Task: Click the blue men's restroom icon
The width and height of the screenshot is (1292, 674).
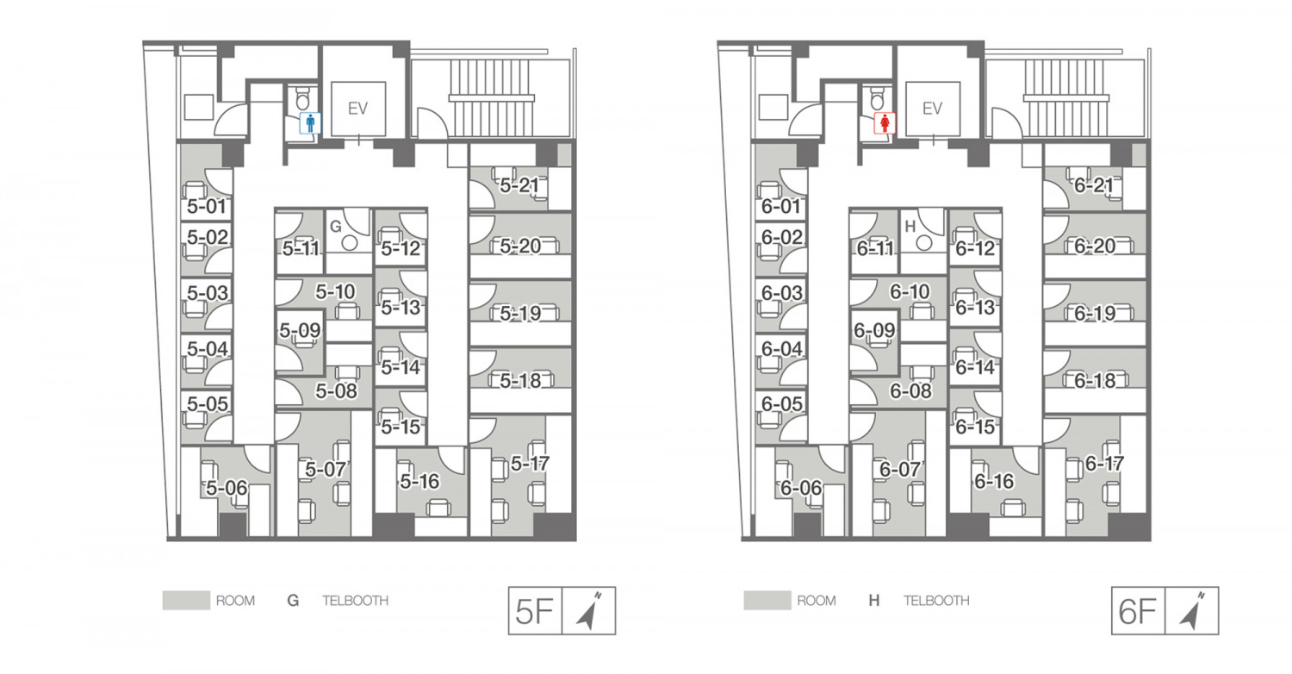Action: click(310, 123)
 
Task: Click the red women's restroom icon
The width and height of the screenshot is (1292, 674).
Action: click(885, 123)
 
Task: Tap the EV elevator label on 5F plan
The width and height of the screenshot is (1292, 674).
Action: click(358, 109)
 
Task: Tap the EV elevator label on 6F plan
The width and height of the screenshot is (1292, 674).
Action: click(932, 109)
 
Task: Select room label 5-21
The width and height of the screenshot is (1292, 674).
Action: click(519, 185)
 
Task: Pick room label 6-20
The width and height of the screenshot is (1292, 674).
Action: click(1095, 247)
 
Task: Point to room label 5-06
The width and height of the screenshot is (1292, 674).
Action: click(227, 488)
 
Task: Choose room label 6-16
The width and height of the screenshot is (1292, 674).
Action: click(994, 481)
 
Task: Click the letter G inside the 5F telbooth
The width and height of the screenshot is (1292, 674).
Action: click(336, 227)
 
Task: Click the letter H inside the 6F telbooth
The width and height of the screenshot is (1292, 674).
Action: click(910, 227)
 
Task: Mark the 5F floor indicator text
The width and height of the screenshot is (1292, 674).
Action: click(534, 612)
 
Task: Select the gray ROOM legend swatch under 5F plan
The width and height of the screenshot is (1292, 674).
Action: click(186, 600)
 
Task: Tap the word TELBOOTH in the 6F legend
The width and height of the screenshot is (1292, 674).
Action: click(936, 601)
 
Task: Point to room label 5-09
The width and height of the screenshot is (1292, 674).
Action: click(300, 331)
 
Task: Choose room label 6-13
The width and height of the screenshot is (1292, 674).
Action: click(975, 307)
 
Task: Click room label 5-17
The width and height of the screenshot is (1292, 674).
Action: click(530, 464)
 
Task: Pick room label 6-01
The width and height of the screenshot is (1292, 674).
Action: click(781, 206)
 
